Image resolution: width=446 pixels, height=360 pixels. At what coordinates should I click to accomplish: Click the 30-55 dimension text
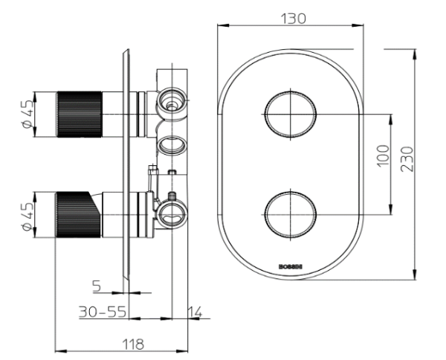102,312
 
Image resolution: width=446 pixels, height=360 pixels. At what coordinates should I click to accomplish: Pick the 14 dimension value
195,312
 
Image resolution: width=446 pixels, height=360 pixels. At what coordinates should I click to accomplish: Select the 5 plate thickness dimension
97,284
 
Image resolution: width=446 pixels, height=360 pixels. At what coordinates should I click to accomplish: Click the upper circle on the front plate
290,114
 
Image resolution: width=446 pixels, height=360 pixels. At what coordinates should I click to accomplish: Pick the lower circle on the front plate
290,213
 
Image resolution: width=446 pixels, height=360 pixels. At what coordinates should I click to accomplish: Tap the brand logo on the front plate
290,263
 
